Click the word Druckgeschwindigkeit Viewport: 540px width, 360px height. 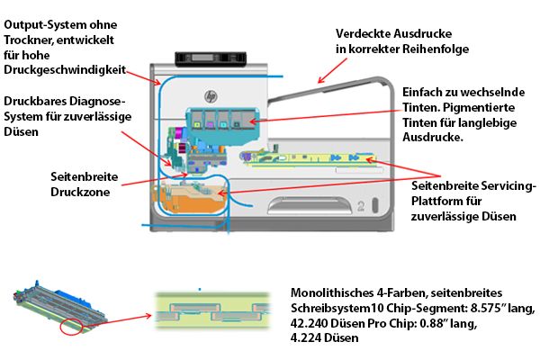(66, 70)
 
